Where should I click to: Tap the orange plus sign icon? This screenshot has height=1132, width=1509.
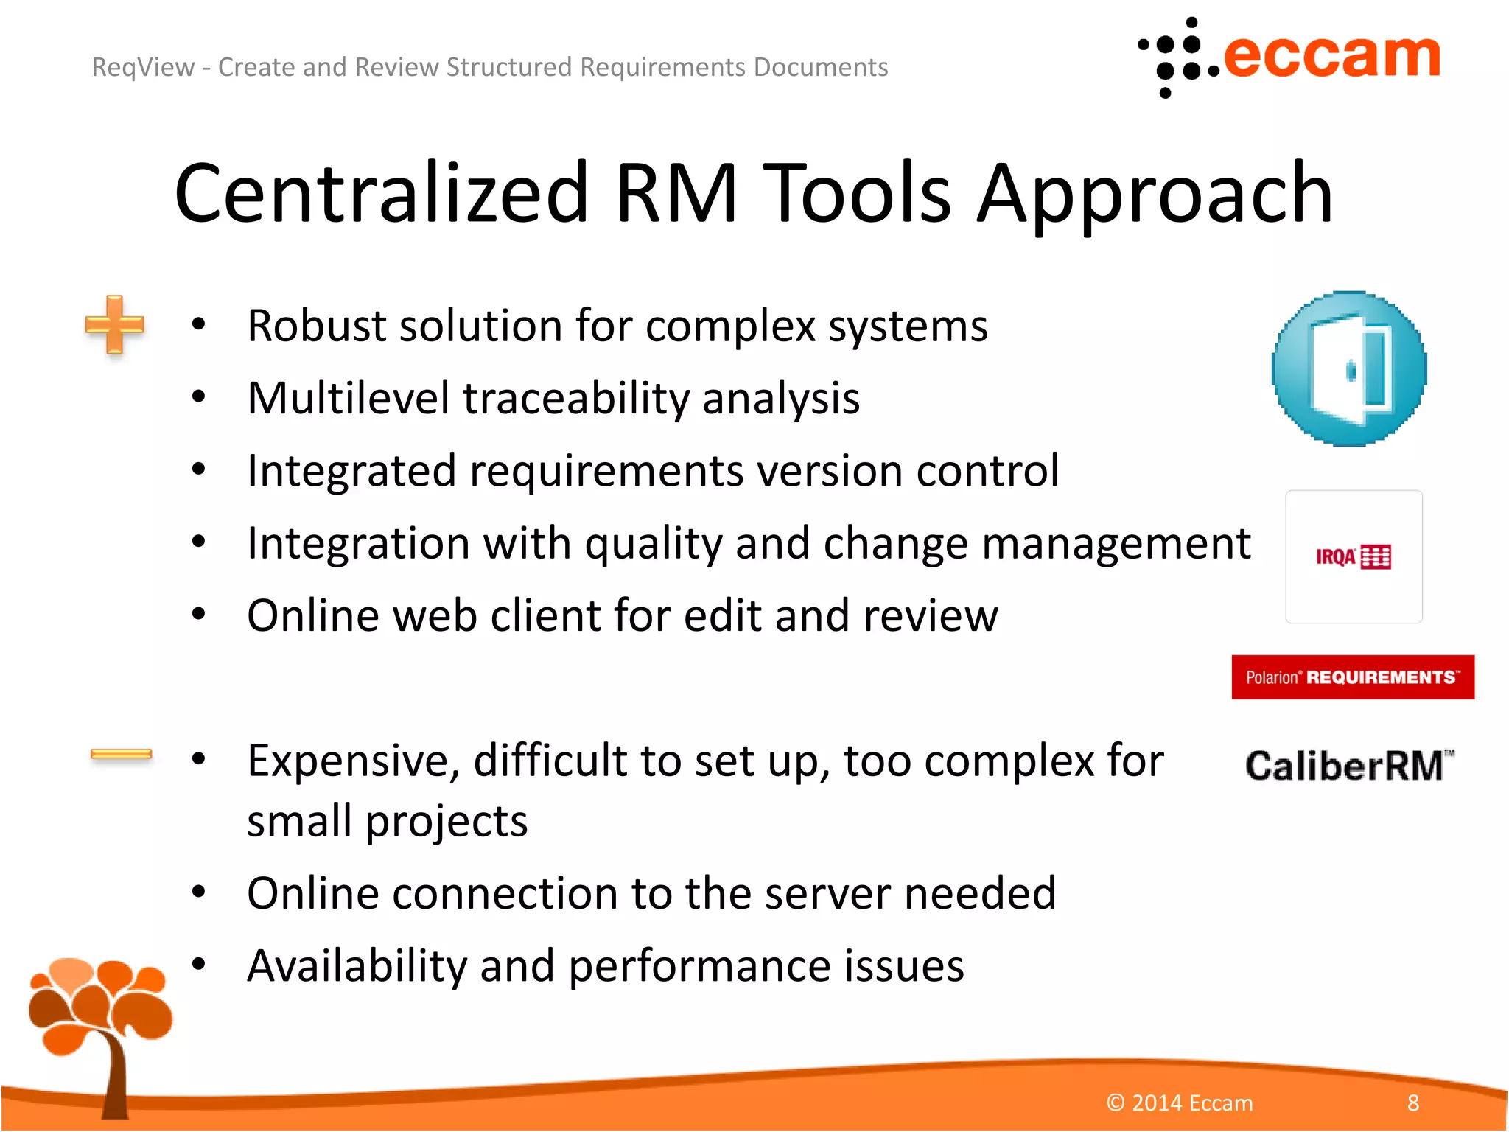tap(114, 324)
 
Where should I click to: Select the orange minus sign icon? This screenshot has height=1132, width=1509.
tap(121, 753)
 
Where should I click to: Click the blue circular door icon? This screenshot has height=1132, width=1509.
tap(1349, 368)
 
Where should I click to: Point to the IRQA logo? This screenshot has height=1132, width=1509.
tap(1354, 557)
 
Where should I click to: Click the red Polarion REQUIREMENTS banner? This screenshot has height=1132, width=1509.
tap(1353, 677)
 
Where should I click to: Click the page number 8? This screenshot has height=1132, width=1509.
tap(1412, 1103)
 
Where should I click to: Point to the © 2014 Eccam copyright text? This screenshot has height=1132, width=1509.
tap(1180, 1103)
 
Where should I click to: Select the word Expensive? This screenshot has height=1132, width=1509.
tap(354, 761)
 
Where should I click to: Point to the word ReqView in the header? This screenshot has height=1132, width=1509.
tap(143, 68)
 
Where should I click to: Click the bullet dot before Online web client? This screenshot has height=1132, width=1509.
tap(198, 614)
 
